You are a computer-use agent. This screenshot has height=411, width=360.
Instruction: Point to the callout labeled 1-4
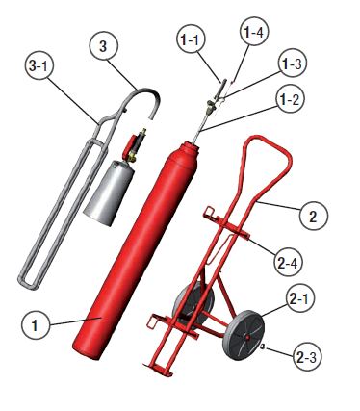[253, 34]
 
